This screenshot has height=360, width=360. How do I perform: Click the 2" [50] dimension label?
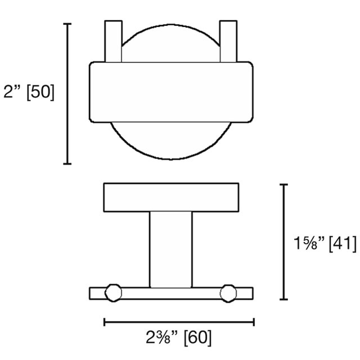tap(28, 93)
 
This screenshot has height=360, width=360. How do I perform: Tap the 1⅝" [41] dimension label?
tap(325, 244)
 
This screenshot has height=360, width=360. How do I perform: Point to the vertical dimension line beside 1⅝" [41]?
tap(285, 242)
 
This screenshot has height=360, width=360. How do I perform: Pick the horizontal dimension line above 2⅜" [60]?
tap(179, 322)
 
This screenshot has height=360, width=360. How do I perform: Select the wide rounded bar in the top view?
tap(170, 92)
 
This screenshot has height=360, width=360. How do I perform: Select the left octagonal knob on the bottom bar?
tap(112, 292)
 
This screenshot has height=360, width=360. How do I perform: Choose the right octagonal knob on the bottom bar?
tap(228, 292)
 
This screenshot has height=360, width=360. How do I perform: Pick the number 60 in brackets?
tap(197, 337)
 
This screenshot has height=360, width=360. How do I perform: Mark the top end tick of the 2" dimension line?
tap(68, 24)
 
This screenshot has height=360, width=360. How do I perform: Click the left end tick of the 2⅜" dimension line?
tap(105, 322)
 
